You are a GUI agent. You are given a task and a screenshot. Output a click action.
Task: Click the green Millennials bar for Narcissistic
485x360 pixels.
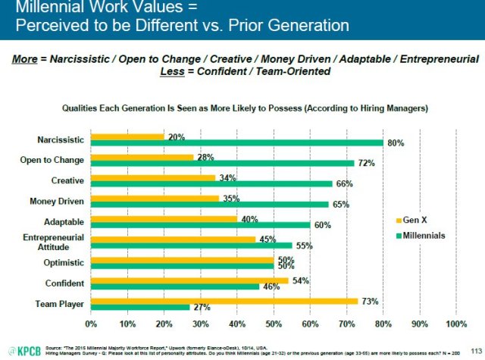[x=236, y=142]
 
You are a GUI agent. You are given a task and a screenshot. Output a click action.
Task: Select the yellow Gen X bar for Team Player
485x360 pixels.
[x=224, y=300]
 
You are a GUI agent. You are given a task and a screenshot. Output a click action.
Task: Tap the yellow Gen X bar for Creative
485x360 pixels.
[x=153, y=177]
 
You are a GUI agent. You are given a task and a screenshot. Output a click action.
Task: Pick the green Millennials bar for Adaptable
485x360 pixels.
[x=200, y=225]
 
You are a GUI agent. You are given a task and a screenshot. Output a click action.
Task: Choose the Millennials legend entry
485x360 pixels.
[x=424, y=235]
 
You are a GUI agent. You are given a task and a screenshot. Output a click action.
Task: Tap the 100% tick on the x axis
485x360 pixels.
[x=456, y=324]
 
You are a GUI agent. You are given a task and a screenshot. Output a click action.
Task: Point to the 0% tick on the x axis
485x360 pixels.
[x=91, y=324]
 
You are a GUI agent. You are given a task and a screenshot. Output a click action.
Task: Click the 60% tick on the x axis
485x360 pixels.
[x=310, y=324]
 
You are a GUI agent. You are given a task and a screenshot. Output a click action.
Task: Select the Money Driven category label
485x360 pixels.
[x=55, y=201]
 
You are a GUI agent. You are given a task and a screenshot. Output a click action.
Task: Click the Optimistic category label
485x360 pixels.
[x=61, y=264]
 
